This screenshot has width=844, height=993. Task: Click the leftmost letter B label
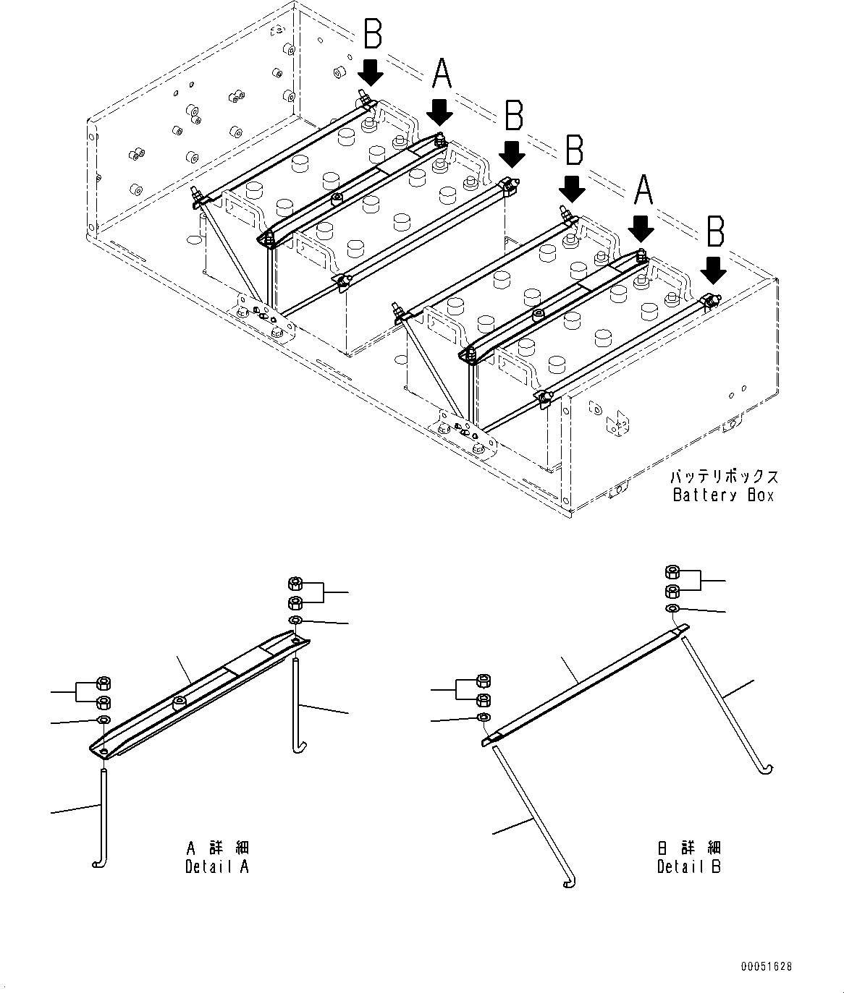tap(372, 35)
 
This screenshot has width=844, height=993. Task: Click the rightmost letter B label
tap(715, 234)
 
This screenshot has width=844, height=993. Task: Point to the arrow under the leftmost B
tap(371, 72)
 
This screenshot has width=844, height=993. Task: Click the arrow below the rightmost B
tap(714, 270)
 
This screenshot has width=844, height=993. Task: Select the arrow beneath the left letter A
tap(439, 111)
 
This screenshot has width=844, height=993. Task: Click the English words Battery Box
tap(723, 495)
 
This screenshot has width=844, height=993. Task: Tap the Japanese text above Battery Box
tap(723, 477)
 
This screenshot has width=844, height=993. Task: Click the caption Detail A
tap(216, 866)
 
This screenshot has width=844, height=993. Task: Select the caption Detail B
tap(688, 866)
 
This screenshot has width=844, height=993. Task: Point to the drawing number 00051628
tap(766, 966)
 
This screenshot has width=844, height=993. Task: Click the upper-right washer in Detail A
tap(295, 621)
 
